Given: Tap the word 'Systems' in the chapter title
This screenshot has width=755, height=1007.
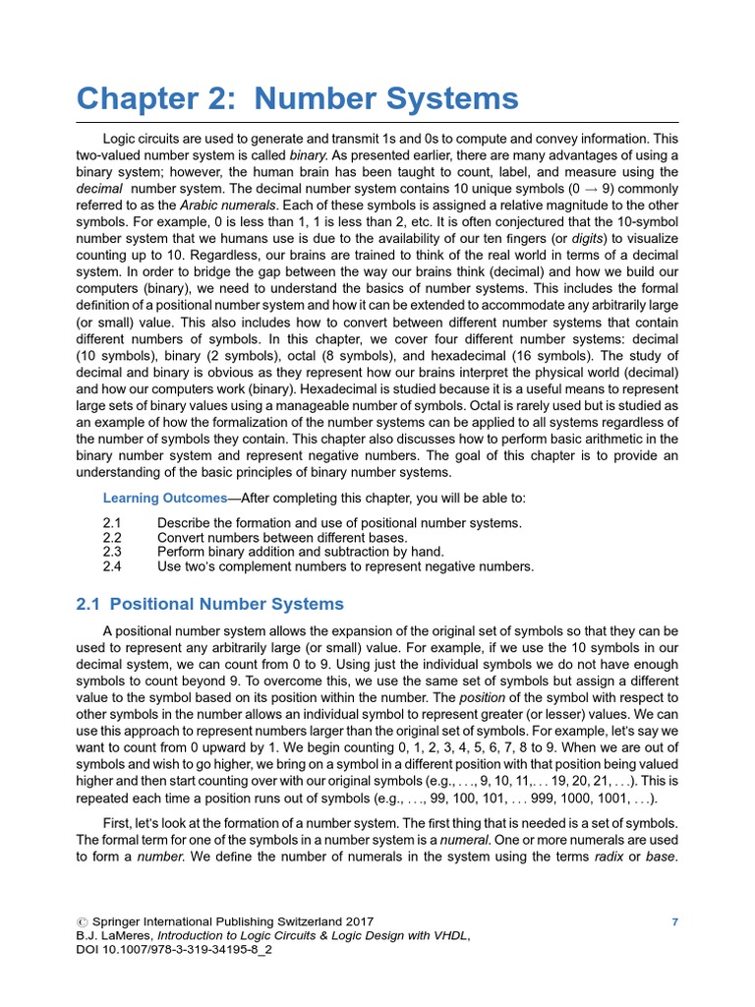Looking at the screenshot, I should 448,98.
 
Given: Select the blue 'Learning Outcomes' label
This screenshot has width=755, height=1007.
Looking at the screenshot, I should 165,499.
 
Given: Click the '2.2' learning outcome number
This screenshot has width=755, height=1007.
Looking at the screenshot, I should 112,538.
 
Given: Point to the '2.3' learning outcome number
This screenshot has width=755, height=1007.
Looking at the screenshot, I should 112,552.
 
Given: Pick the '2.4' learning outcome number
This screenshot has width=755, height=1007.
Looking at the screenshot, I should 112,566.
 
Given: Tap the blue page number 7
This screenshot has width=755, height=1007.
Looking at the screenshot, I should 674,921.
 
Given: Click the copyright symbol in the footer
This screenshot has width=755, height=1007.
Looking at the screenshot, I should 81,922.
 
